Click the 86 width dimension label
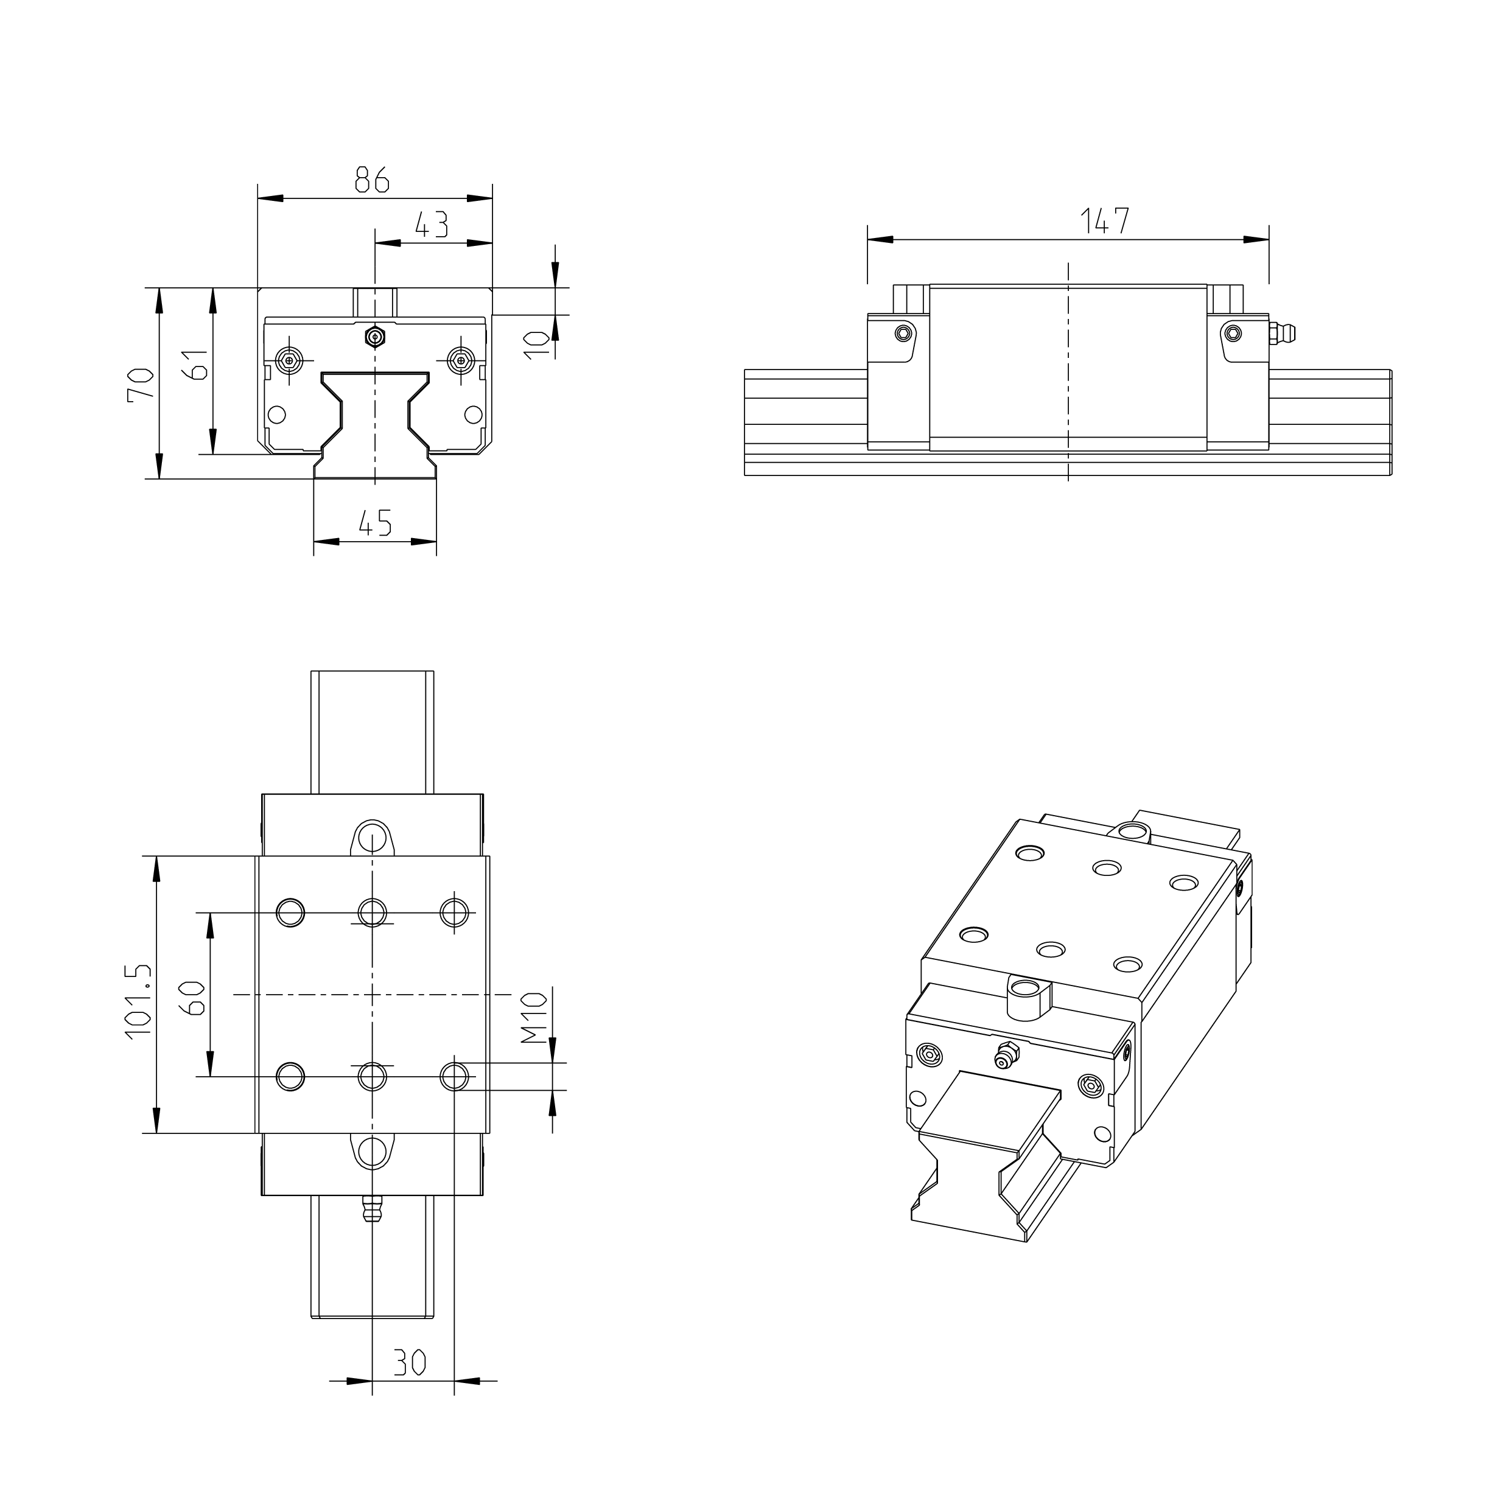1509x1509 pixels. pyautogui.click(x=372, y=180)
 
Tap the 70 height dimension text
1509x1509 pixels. pyautogui.click(x=141, y=384)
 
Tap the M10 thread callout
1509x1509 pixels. pyautogui.click(x=534, y=1018)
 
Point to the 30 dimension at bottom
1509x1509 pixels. pyautogui.click(x=408, y=1363)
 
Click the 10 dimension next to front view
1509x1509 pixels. pyautogui.click(x=535, y=344)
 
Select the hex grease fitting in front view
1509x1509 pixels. pyautogui.click(x=376, y=337)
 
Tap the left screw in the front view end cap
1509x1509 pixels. pyautogui.click(x=290, y=360)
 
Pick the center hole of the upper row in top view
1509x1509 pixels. pyautogui.click(x=373, y=911)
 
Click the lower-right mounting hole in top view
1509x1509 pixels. pyautogui.click(x=455, y=1076)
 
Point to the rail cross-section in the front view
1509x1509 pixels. pyautogui.click(x=375, y=425)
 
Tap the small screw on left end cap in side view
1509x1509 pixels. pyautogui.click(x=905, y=333)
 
